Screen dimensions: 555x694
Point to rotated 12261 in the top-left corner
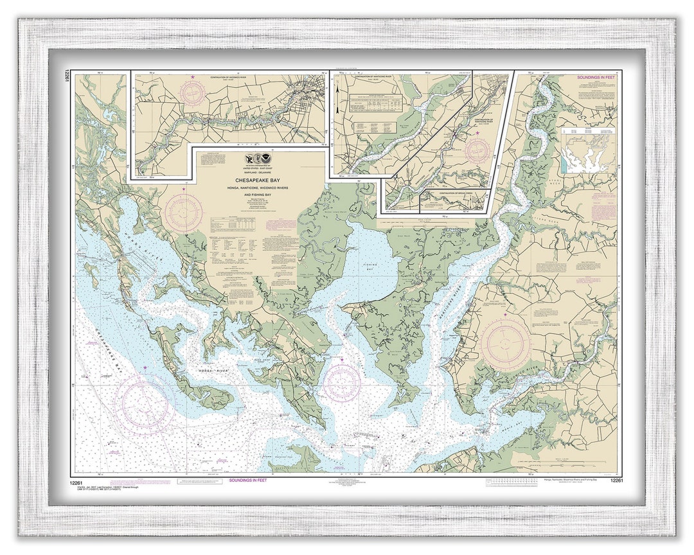point(67,78)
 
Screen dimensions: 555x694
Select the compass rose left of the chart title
point(183,213)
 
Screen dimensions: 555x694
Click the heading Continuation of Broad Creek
point(455,193)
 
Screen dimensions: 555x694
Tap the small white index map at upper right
point(587,150)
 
